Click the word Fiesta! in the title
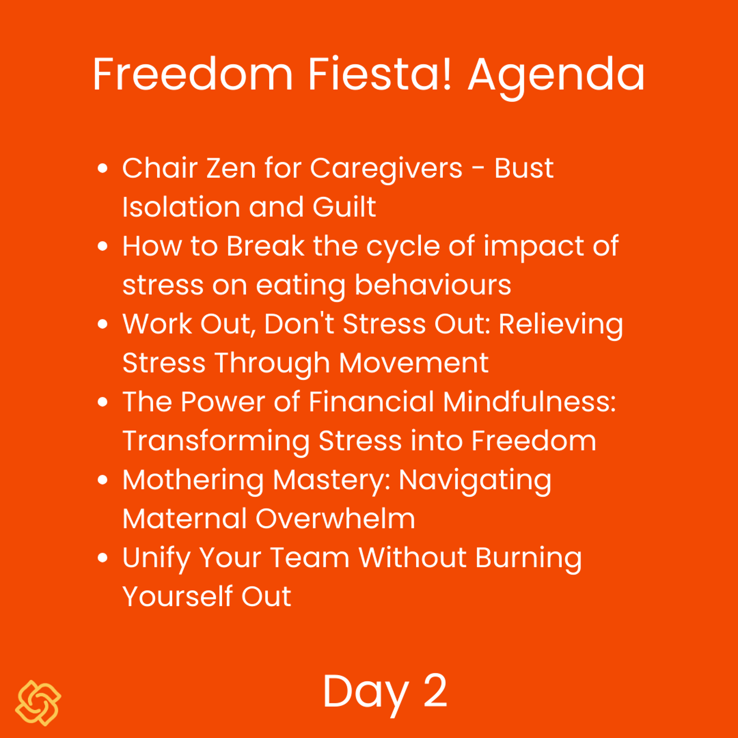380,74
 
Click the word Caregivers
386,169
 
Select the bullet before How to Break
103,246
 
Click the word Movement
414,363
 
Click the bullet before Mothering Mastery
103,480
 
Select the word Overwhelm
335,518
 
